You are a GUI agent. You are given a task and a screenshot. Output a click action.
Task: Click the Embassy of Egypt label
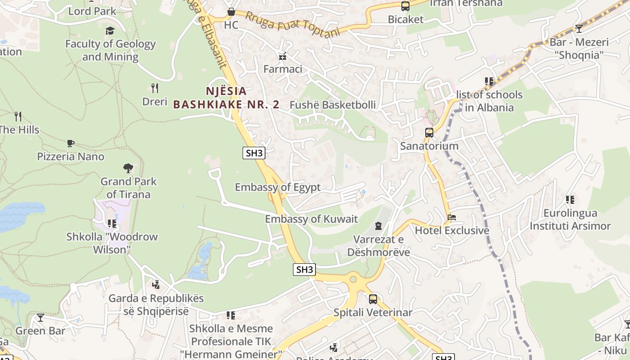click(278, 187)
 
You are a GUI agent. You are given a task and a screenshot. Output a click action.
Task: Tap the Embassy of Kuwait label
click(311, 219)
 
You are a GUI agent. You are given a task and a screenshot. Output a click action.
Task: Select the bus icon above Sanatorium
click(429, 133)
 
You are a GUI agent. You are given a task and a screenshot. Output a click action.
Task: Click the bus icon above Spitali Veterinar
click(373, 299)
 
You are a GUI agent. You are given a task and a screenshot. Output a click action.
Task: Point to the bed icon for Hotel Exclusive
click(452, 217)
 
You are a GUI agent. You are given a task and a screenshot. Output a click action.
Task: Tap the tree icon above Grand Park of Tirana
click(128, 168)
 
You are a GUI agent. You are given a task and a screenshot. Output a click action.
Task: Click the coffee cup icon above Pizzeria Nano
click(70, 143)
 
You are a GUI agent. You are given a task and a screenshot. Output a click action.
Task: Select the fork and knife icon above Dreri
click(155, 88)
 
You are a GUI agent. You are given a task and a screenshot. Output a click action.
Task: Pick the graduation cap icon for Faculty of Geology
click(110, 31)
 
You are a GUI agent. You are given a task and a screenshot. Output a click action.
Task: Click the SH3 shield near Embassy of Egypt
click(254, 153)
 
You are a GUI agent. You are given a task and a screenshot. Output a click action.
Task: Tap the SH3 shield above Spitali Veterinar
click(305, 270)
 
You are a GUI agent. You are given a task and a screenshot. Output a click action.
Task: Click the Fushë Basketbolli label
click(333, 105)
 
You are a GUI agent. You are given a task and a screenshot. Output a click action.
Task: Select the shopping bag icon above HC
click(231, 11)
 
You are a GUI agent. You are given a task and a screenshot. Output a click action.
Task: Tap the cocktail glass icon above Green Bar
click(40, 318)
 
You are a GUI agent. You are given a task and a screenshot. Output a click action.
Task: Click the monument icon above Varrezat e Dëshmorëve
click(378, 225)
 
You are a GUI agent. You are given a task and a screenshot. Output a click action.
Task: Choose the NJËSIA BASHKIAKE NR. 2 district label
click(226, 98)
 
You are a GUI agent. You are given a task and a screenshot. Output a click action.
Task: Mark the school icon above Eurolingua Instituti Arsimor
click(570, 199)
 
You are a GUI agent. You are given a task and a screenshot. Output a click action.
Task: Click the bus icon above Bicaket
click(405, 6)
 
